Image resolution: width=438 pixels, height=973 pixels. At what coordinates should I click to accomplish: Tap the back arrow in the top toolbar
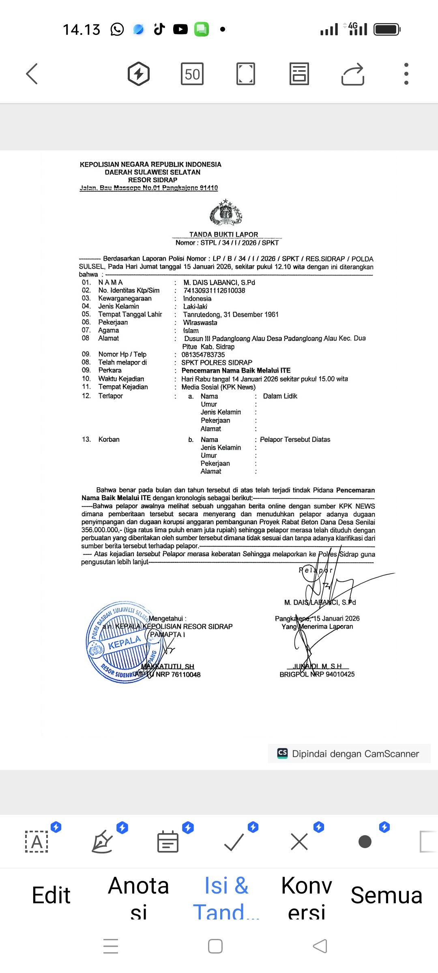[32, 74]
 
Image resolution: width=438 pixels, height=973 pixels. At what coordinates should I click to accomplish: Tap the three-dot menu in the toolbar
[406, 74]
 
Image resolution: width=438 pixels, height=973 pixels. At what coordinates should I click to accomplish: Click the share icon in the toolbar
[353, 74]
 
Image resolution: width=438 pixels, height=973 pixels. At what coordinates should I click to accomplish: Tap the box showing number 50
[192, 74]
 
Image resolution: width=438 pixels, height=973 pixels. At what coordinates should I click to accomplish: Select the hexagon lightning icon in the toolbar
[139, 74]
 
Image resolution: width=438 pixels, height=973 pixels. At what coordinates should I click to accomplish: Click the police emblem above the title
[225, 212]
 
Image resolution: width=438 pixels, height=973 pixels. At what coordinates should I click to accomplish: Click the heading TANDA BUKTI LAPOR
[223, 234]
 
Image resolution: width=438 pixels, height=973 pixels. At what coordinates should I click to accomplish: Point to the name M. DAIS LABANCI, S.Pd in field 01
[219, 282]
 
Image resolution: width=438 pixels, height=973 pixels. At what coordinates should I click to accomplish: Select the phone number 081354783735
[203, 354]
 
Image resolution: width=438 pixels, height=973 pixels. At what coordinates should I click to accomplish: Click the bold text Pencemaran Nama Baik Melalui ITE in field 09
[236, 370]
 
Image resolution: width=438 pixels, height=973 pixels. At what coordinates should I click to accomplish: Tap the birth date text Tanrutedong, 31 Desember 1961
[230, 314]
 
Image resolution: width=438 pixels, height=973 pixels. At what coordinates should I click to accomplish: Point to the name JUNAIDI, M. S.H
[318, 666]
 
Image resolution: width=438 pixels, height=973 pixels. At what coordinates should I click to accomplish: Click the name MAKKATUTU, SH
[168, 667]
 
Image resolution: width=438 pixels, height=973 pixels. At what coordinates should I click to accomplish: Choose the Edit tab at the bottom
[51, 895]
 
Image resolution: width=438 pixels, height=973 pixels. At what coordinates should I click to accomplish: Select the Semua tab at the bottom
[386, 895]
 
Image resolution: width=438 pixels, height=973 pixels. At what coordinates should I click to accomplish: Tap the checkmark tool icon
[234, 842]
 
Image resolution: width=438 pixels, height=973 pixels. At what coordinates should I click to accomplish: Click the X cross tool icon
[299, 842]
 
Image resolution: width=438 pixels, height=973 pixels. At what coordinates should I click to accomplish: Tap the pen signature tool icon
[102, 842]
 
